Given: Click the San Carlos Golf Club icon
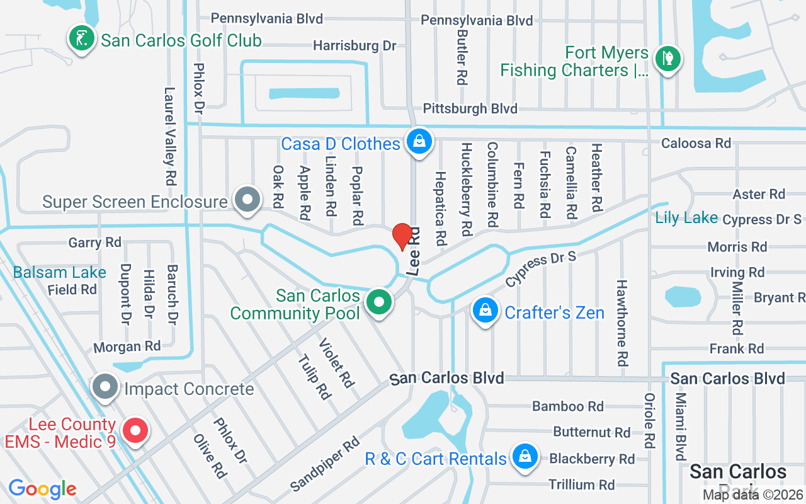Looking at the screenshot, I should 81,39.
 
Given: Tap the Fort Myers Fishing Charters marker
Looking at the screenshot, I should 667,60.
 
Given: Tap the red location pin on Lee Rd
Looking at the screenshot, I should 402,237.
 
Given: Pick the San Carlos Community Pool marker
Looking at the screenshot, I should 379,302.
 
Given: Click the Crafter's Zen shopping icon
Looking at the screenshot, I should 485,311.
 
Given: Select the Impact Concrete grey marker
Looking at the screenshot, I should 105,387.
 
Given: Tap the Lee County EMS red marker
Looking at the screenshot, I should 135,432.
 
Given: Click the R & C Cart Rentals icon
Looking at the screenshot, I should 524,457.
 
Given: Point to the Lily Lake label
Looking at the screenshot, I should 686,218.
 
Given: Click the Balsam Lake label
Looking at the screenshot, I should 60,273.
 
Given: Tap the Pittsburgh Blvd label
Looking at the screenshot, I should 470,109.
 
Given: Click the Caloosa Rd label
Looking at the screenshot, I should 696,144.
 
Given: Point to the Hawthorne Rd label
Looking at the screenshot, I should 622,323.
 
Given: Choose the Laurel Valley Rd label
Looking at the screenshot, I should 169,135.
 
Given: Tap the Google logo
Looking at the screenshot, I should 42,488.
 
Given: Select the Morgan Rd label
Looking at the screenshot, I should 127,346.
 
